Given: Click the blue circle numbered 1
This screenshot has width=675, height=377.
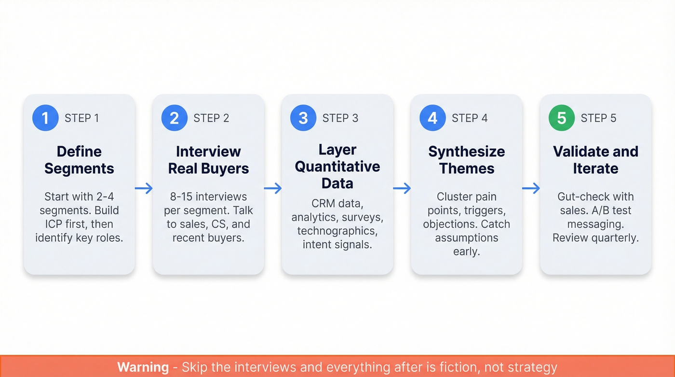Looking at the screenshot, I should pos(45,118).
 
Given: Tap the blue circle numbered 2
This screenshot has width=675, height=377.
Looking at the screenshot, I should pos(174,118).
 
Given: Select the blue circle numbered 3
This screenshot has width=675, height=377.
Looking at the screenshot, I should pos(303,118).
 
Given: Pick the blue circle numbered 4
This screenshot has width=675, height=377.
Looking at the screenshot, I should pos(432,118).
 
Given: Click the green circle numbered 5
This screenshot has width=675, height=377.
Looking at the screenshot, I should pos(562,118).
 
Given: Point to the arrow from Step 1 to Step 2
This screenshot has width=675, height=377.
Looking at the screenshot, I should pos(144,188).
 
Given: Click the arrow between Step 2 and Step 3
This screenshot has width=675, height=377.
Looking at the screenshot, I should pos(273,188).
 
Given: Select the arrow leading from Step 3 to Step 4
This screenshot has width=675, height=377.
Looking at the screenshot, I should pos(402,188).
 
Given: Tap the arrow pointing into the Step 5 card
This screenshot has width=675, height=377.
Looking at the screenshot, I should pos(531,188).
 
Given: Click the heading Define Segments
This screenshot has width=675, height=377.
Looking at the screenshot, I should pos(79,160).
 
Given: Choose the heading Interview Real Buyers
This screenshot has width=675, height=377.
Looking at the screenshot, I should pos(208,160).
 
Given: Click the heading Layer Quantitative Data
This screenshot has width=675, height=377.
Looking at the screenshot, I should pos(337,167).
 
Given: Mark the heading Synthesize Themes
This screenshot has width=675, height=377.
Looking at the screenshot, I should pos(467,160).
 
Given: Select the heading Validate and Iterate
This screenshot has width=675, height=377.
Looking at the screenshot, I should pos(595,160).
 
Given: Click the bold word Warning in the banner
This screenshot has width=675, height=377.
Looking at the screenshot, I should pos(143,367).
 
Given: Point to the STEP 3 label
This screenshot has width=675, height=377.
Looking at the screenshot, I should pos(340,118).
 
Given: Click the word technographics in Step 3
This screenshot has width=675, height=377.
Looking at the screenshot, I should pos(337,231).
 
